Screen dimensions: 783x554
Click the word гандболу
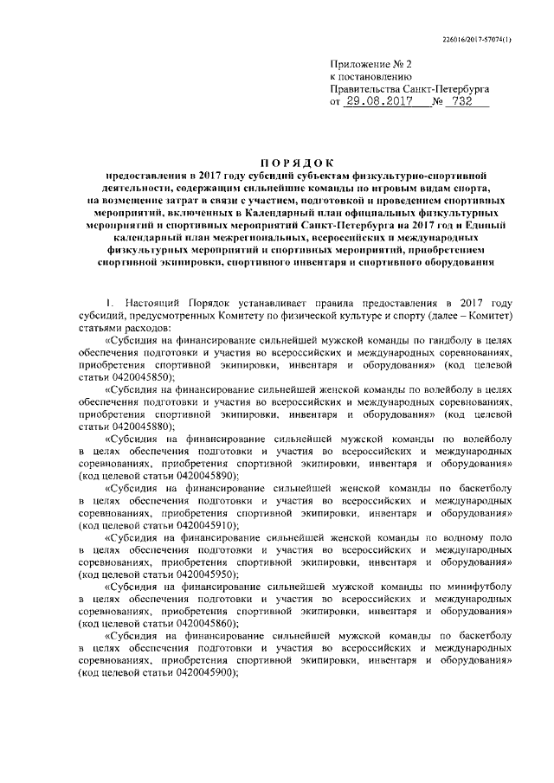(x=449, y=342)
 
